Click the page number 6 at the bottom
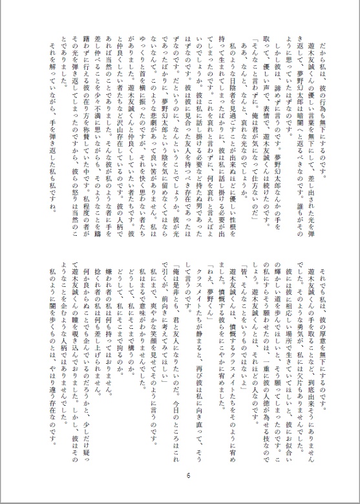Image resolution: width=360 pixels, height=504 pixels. [x=186, y=476]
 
